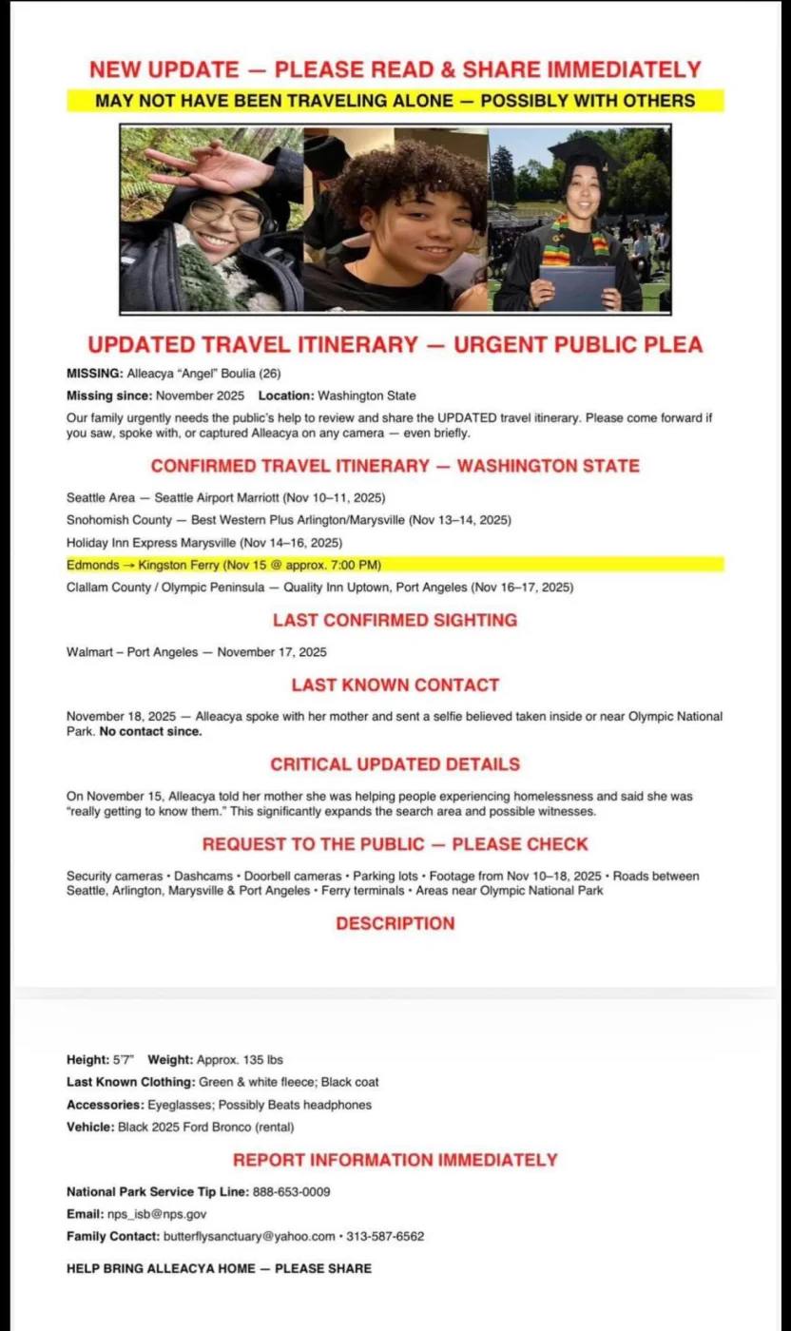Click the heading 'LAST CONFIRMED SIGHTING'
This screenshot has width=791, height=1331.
tap(395, 620)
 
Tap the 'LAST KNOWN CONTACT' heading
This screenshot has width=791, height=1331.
tap(395, 685)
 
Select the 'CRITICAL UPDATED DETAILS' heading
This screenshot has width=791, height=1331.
tap(395, 764)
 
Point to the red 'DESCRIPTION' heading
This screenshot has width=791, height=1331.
tap(395, 923)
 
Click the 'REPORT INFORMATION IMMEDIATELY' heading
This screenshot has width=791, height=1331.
tap(395, 1160)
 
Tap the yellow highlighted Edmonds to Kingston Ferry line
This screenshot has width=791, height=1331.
tap(223, 565)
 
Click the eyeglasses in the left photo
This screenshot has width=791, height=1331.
tap(225, 214)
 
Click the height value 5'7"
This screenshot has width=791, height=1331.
tap(124, 1059)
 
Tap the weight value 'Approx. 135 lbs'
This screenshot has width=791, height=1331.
tap(240, 1059)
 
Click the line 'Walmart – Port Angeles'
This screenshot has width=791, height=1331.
tap(132, 652)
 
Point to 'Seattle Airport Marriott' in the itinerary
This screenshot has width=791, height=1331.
tap(217, 497)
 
